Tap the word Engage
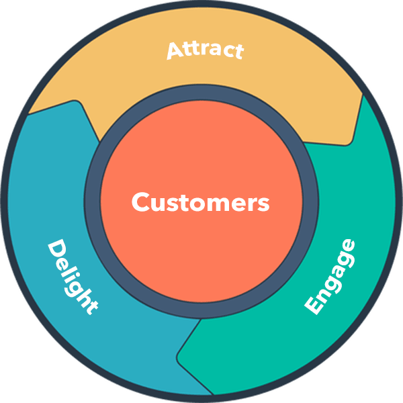point(330,276)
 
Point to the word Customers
point(200,202)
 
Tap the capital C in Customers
point(140,202)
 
